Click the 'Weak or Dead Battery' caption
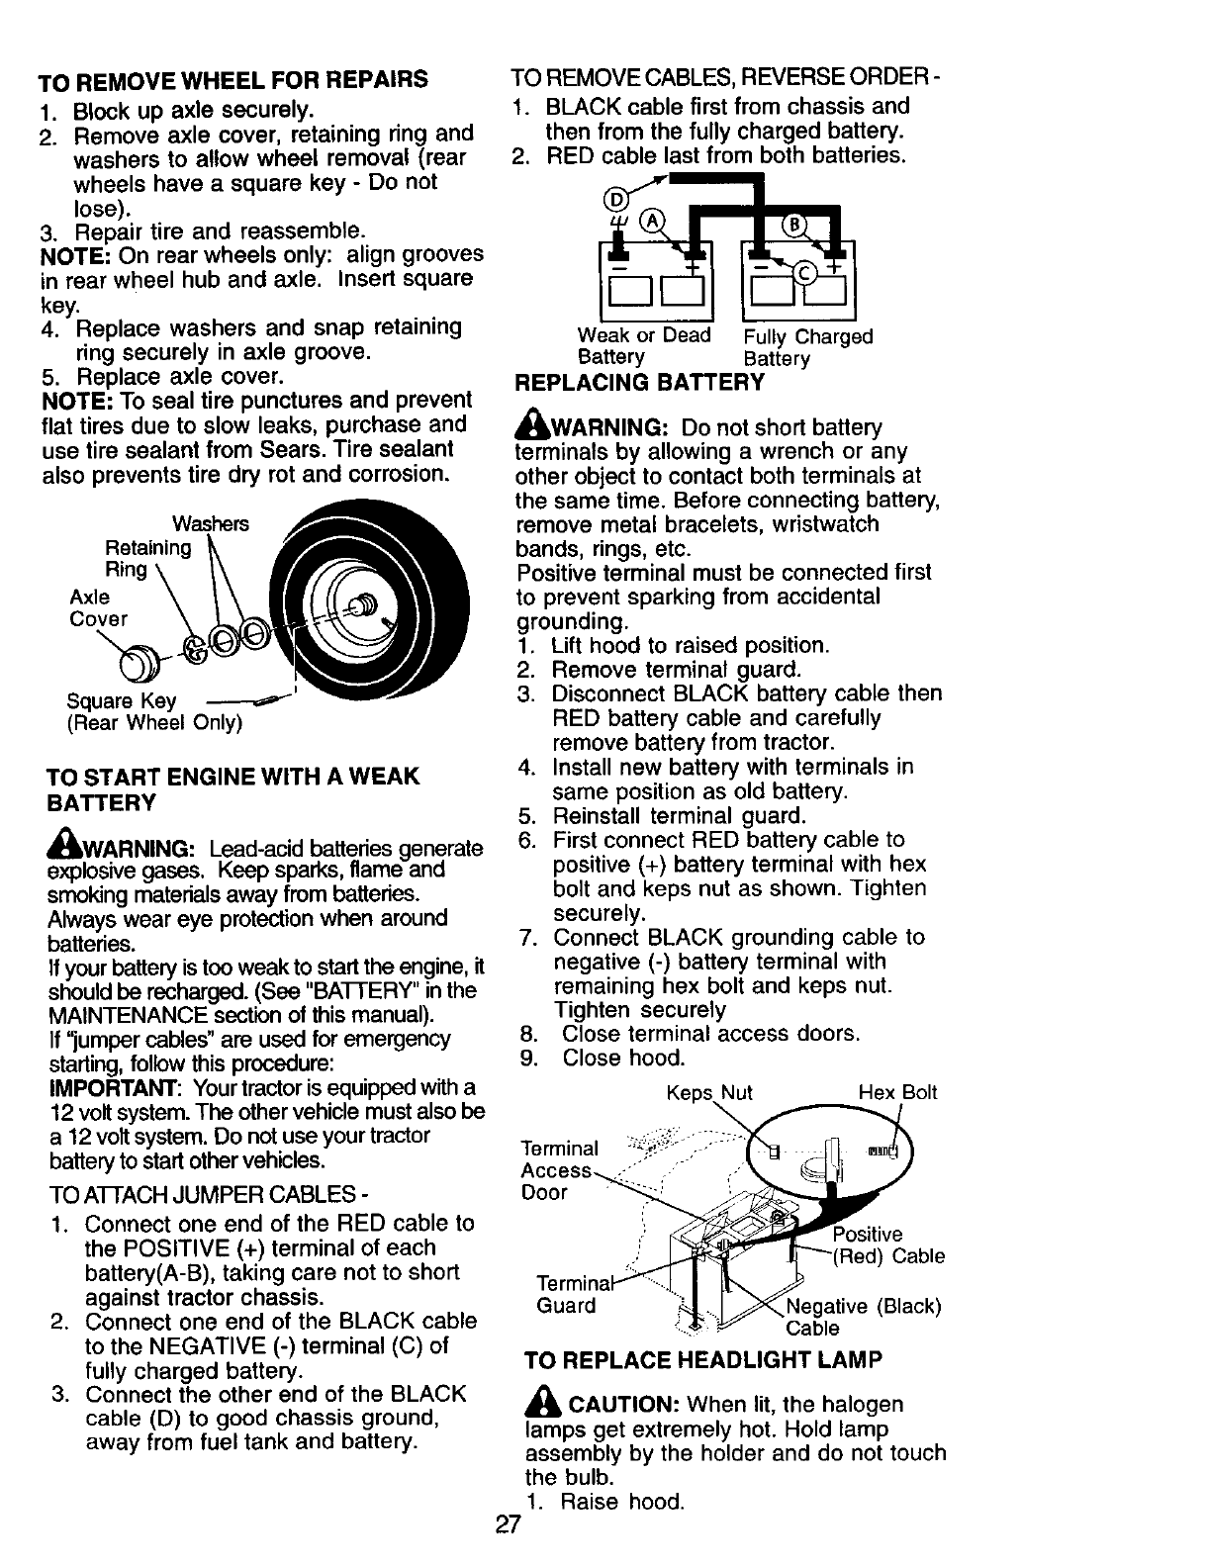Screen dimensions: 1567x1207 pyautogui.click(x=643, y=346)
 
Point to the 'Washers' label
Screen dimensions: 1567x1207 pyautogui.click(x=211, y=523)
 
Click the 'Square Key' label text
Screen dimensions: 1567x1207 pyautogui.click(x=122, y=700)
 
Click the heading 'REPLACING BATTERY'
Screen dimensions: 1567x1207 pyautogui.click(x=639, y=383)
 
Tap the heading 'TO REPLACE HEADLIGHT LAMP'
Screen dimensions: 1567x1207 pyautogui.click(x=702, y=1360)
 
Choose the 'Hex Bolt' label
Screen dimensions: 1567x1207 pyautogui.click(x=896, y=1093)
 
